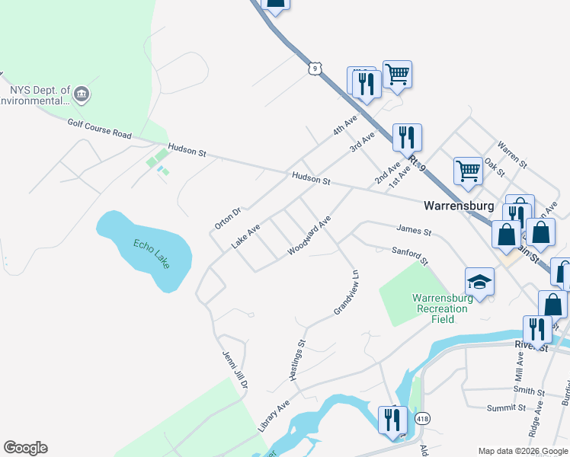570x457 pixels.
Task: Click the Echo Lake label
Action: [x=151, y=254]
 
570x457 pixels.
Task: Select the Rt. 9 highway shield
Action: [x=314, y=69]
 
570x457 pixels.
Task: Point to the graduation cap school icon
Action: [x=479, y=281]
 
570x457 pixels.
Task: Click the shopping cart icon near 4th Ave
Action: [x=397, y=75]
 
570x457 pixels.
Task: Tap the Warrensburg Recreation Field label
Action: [x=443, y=308]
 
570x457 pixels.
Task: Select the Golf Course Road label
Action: [x=99, y=128]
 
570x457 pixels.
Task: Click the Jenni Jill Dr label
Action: [x=235, y=369]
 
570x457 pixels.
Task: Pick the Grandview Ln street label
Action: [x=347, y=292]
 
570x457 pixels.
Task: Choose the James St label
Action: [x=414, y=229]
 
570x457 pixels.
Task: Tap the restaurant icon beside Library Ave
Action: [x=392, y=420]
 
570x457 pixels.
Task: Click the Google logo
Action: [x=26, y=448]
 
